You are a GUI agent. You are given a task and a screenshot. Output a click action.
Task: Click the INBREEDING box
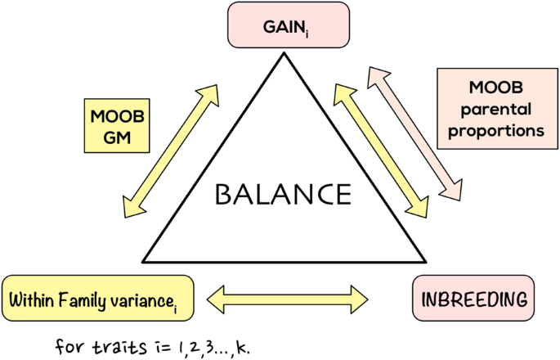click(474, 299)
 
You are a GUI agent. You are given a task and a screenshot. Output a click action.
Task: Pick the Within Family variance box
click(99, 299)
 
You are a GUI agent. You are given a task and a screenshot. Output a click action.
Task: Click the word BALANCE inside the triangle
click(282, 196)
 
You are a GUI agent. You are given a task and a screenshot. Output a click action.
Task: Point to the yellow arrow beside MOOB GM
click(173, 150)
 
